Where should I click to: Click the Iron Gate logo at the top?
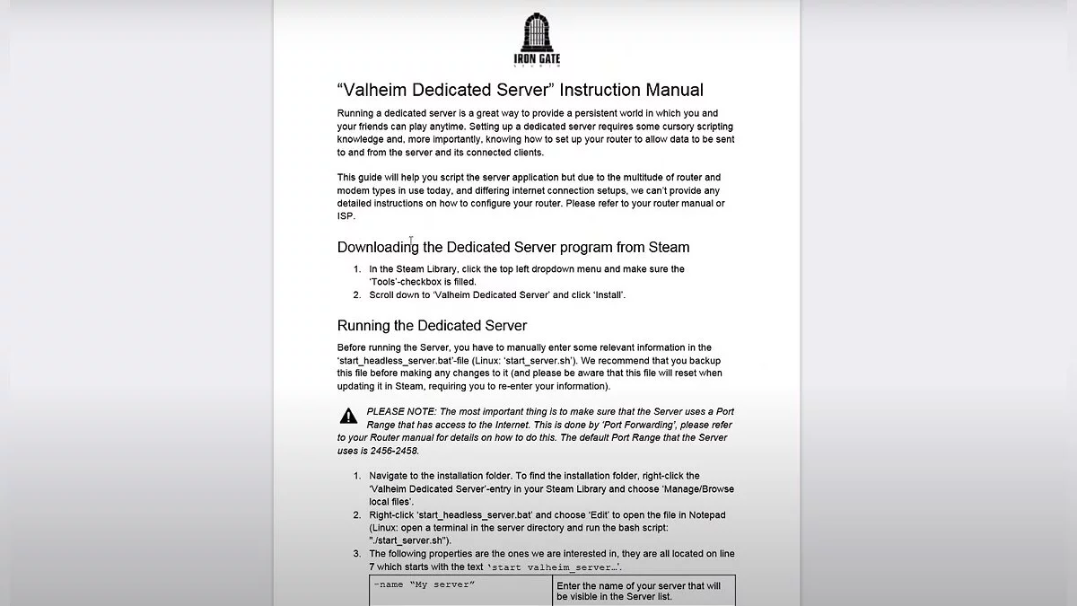(x=535, y=40)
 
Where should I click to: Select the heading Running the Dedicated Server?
(x=432, y=325)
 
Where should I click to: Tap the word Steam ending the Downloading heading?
(x=667, y=247)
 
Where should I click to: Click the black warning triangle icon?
(x=348, y=415)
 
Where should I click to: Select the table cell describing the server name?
(x=643, y=590)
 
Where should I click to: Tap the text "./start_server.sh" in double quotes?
(x=421, y=540)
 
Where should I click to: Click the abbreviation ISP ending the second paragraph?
(x=346, y=216)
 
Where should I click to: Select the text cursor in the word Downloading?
(x=411, y=242)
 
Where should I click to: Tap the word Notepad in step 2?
(x=705, y=514)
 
